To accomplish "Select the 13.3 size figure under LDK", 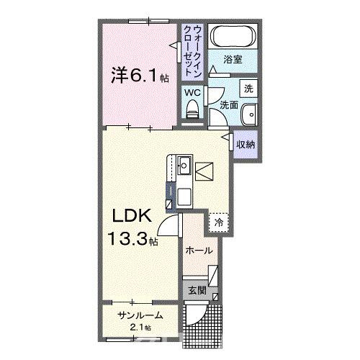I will (130, 238).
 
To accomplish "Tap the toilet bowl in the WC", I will (192, 108).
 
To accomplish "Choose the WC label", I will (192, 92).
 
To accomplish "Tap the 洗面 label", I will (228, 104).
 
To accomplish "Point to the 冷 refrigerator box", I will (218, 223).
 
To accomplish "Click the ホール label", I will (199, 250).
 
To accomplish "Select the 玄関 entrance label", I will (197, 292).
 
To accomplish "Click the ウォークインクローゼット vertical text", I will (193, 50).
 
